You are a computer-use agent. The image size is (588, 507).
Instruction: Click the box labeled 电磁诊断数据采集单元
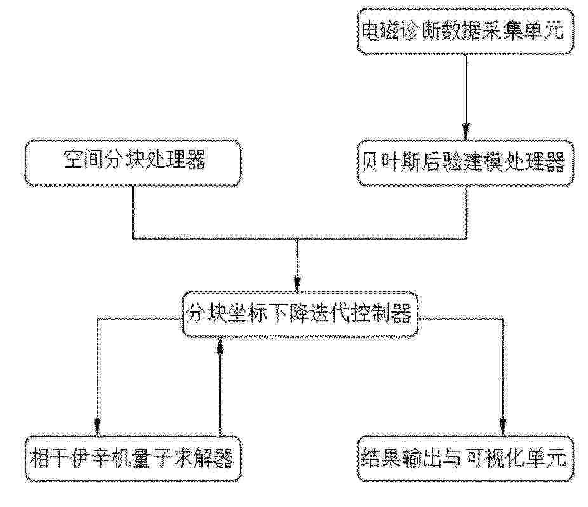click(x=465, y=32)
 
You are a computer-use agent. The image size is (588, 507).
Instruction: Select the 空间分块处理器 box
click(x=133, y=163)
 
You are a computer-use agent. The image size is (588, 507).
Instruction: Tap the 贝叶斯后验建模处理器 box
click(x=465, y=163)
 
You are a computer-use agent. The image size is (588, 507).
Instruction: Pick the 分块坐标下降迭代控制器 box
click(x=300, y=314)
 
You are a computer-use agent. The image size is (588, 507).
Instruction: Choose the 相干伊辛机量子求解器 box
click(x=133, y=459)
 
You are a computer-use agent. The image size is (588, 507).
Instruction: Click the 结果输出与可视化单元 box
click(x=465, y=459)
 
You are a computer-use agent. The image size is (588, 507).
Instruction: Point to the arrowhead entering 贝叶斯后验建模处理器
click(x=465, y=133)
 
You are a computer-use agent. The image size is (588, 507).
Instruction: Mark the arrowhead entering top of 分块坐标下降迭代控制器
click(x=297, y=284)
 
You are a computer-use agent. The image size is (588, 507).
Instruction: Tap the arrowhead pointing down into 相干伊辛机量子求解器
click(x=98, y=428)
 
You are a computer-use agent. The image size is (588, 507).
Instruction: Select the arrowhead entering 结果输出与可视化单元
click(x=503, y=428)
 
